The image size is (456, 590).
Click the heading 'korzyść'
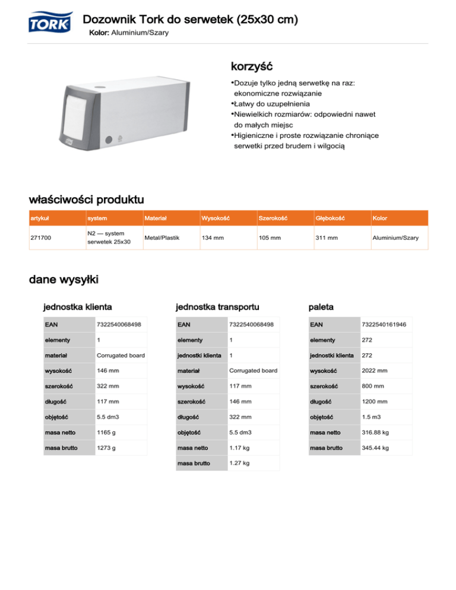[251, 64]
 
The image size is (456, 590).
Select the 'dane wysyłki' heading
[64, 279]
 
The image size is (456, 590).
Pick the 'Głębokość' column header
[330, 218]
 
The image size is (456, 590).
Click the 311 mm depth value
[326, 237]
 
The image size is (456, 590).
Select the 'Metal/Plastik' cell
[162, 237]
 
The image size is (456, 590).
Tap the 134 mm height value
[213, 237]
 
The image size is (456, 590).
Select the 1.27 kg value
[239, 463]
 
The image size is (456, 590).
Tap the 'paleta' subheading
[321, 307]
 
